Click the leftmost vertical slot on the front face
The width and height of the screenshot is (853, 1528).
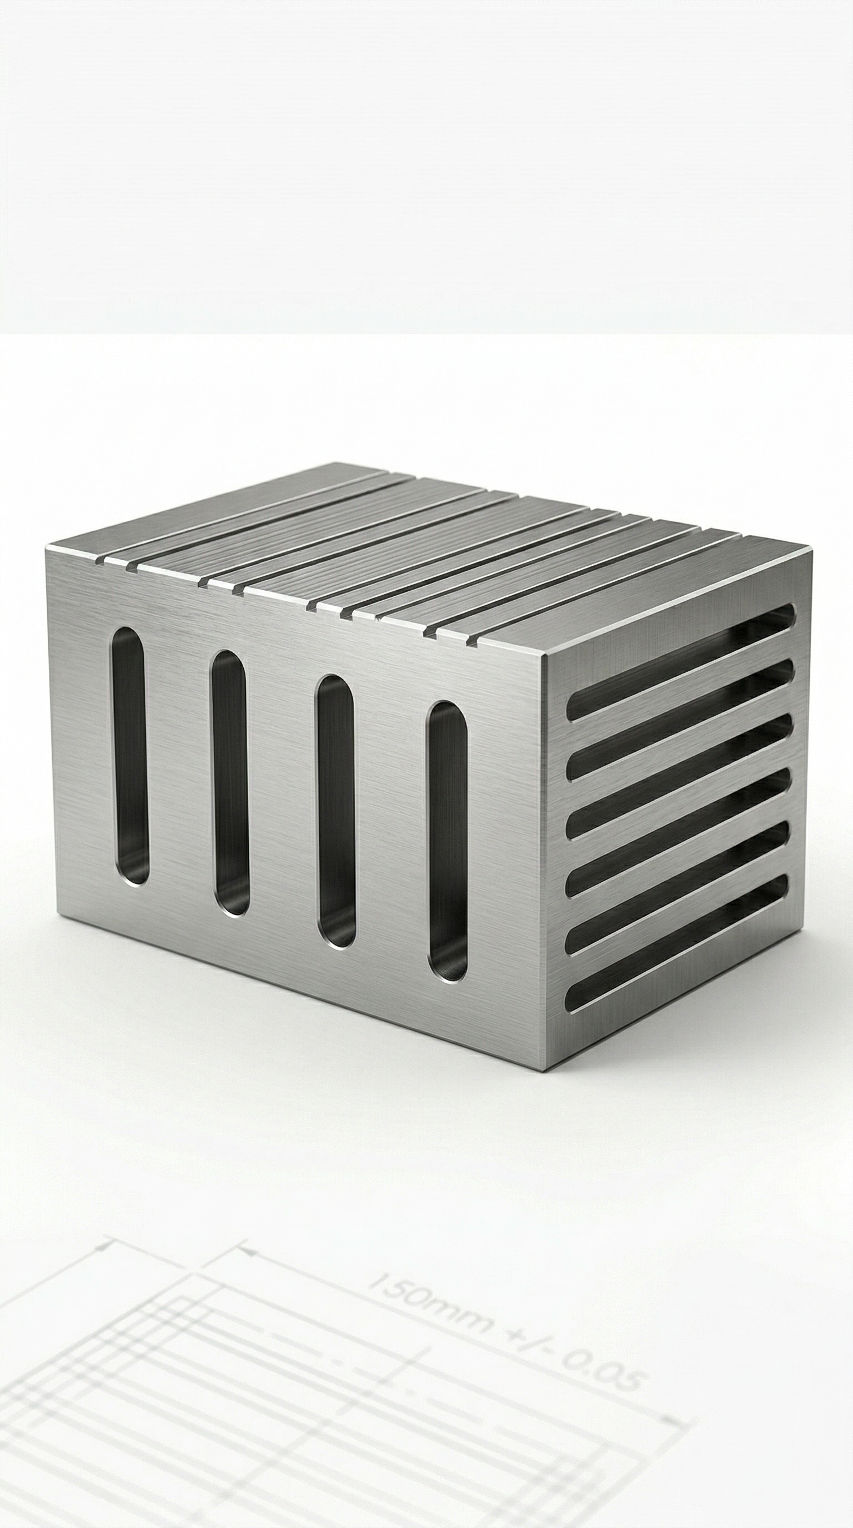point(130,756)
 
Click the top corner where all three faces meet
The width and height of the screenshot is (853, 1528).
point(545,655)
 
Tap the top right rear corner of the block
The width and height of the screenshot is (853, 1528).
point(811,549)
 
